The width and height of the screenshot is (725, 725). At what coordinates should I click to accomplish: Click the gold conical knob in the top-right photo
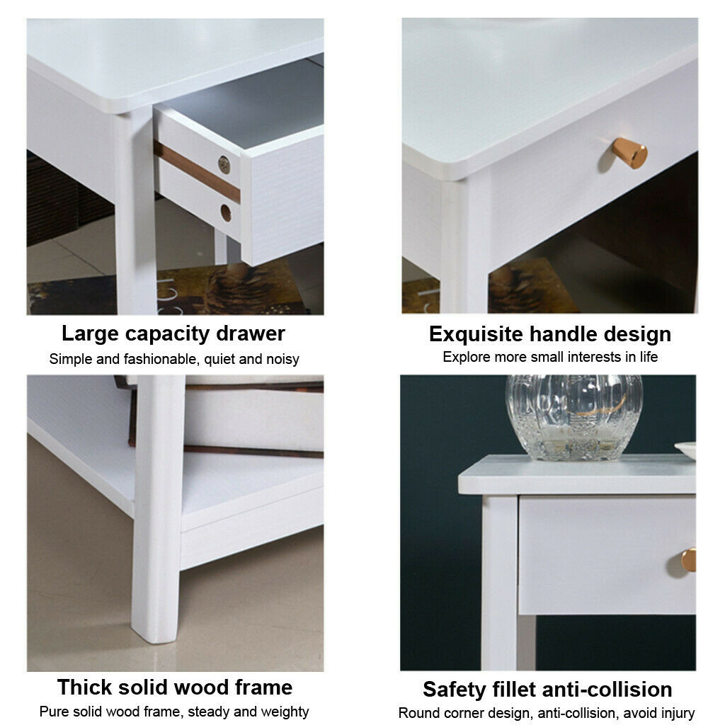click(x=629, y=153)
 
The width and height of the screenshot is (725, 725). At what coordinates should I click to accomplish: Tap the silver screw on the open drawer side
click(x=224, y=164)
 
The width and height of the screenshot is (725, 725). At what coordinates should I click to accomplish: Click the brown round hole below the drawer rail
click(x=226, y=212)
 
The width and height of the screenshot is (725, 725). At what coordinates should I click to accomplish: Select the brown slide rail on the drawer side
click(x=197, y=171)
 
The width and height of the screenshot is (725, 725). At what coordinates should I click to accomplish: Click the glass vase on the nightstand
click(x=573, y=417)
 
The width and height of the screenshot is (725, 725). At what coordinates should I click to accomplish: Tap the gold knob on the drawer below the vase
click(x=689, y=560)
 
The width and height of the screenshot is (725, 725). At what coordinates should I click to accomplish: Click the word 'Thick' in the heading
click(x=85, y=687)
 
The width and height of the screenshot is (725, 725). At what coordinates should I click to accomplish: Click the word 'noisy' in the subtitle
click(x=282, y=360)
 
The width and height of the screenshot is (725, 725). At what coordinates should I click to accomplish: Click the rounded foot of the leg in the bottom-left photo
click(x=155, y=631)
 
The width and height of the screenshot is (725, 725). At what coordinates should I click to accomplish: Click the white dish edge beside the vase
click(x=685, y=450)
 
